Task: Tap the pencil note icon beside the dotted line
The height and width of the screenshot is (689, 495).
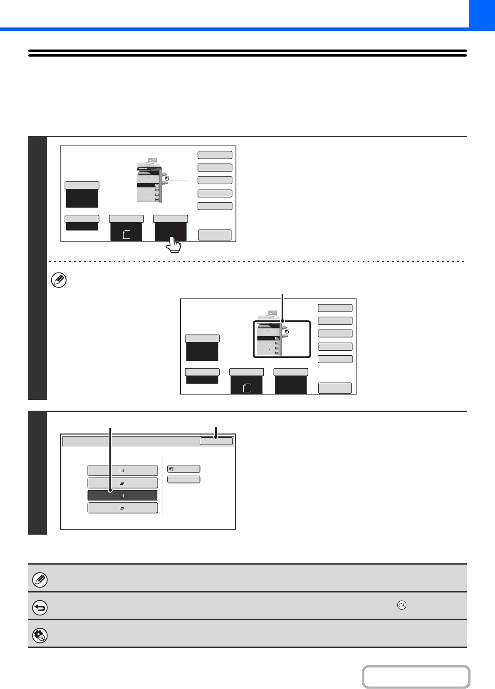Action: (58, 280)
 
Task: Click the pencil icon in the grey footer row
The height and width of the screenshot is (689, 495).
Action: (40, 580)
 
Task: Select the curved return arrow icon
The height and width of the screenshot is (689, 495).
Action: (40, 608)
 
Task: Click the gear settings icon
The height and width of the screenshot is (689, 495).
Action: (40, 636)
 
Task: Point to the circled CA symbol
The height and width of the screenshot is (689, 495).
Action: (401, 605)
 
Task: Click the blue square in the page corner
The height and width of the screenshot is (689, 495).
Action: (482, 14)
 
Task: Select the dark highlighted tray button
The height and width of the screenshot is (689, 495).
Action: (122, 496)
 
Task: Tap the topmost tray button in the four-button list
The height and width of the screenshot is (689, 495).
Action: (122, 471)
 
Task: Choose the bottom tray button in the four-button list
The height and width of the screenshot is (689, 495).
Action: (122, 508)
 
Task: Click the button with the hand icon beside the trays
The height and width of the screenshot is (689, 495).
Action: (183, 469)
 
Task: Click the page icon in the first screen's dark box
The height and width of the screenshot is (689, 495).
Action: (126, 235)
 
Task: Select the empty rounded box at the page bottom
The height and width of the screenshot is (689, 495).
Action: (416, 677)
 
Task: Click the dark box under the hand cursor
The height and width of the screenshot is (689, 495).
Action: (171, 230)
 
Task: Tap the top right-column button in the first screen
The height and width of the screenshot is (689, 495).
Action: (215, 155)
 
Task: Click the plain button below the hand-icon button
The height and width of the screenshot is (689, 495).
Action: (183, 480)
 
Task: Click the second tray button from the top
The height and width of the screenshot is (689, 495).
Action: (122, 483)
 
